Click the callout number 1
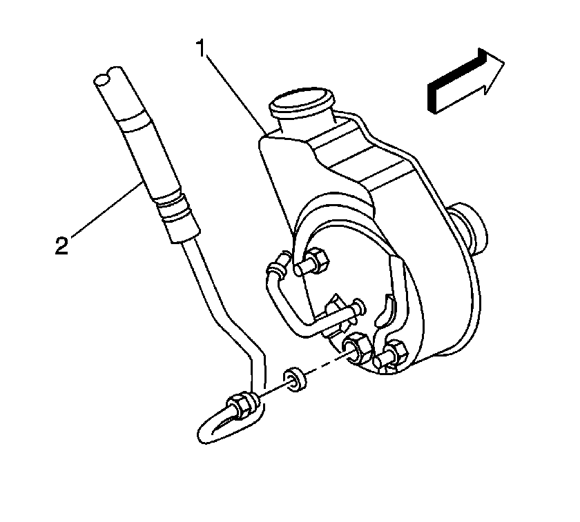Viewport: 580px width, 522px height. [201, 49]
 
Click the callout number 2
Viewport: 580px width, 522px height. [61, 245]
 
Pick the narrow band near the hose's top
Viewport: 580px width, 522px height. [135, 123]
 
